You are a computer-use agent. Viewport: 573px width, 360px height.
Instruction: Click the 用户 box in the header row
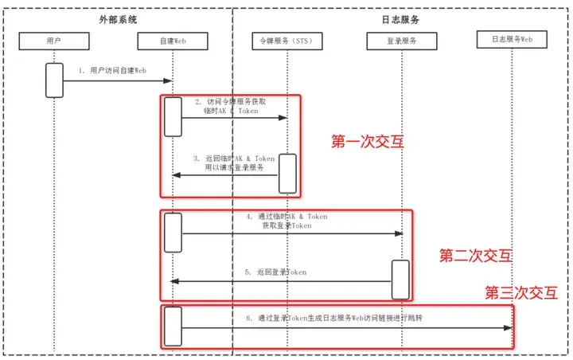pos(54,39)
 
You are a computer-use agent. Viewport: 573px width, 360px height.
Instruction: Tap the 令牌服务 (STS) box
pos(286,39)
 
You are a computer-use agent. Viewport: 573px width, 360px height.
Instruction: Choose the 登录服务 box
pos(402,39)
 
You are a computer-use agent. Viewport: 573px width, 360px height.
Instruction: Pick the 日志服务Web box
pos(512,38)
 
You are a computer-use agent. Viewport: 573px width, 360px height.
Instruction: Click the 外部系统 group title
pos(119,18)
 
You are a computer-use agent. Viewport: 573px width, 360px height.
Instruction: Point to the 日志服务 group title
pos(396,18)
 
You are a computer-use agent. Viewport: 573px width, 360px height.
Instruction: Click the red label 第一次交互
pos(367,143)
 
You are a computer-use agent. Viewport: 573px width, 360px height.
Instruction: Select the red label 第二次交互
pos(476,256)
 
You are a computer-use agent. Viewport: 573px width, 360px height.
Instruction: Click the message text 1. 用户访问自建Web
pos(112,70)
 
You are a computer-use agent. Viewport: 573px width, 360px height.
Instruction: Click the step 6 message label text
pos(334,318)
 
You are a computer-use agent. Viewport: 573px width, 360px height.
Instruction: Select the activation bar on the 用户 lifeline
pos(54,80)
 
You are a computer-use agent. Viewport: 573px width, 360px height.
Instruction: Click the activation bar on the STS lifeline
pos(286,173)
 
